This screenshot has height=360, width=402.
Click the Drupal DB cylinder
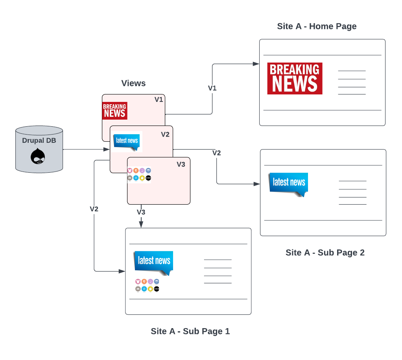(x=39, y=149)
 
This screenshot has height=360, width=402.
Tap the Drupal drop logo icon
(x=38, y=156)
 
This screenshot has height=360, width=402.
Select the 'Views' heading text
(x=133, y=83)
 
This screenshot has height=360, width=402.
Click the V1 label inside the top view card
(x=159, y=100)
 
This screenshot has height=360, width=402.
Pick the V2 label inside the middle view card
(x=165, y=134)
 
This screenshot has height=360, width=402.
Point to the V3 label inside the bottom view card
(x=181, y=164)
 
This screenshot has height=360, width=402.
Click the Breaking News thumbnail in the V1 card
(x=114, y=110)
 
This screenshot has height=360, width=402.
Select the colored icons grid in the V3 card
(x=139, y=174)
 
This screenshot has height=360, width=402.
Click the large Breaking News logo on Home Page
(x=295, y=78)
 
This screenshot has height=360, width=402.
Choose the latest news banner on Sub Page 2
(x=288, y=183)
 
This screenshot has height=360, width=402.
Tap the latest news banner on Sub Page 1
(x=153, y=262)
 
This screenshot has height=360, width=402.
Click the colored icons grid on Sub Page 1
(x=147, y=285)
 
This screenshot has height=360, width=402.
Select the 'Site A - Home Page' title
(x=317, y=26)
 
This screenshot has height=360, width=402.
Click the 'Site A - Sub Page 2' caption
(x=325, y=253)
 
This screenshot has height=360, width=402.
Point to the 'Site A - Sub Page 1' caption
(x=190, y=331)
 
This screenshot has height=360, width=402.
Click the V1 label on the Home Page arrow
(x=212, y=88)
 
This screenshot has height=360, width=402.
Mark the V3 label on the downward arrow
(x=141, y=212)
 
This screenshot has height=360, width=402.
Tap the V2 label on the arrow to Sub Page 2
(x=216, y=153)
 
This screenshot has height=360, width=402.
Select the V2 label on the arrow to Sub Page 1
(x=94, y=209)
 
